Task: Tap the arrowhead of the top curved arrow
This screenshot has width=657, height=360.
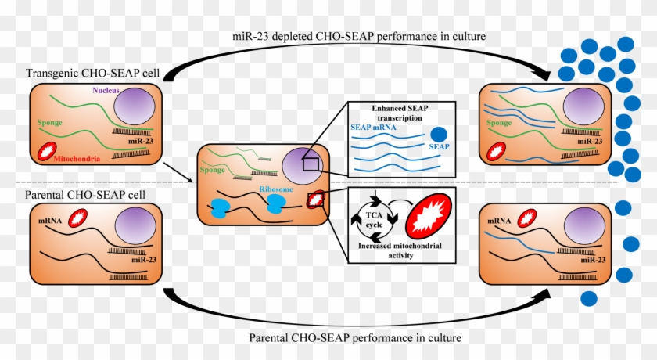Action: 544,77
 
